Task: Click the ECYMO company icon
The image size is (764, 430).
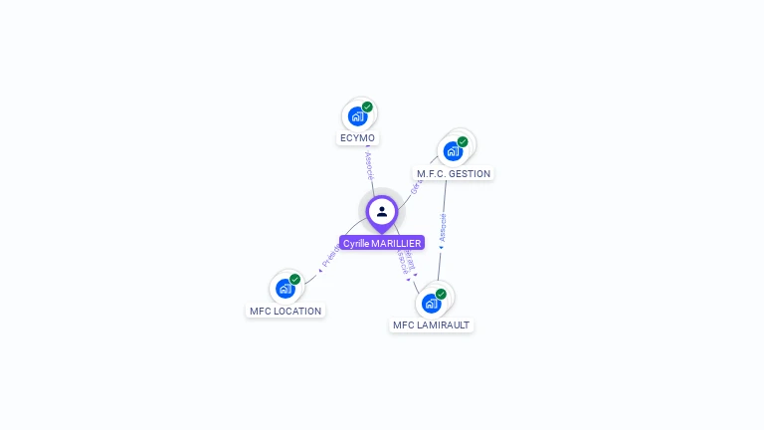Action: tap(358, 115)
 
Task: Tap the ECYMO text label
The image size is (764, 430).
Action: tap(357, 138)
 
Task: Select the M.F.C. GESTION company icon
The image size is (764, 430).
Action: tap(453, 151)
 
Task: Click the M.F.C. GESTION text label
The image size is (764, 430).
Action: tap(454, 173)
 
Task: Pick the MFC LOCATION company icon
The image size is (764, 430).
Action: tap(286, 289)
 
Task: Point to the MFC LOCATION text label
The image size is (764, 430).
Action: tap(286, 311)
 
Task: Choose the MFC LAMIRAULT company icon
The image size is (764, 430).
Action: tap(432, 303)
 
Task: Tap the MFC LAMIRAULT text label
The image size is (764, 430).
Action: tap(431, 324)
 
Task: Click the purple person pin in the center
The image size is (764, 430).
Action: tap(382, 212)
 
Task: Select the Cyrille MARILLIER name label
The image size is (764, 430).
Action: tap(382, 243)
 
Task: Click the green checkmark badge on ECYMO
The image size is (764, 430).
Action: tap(367, 107)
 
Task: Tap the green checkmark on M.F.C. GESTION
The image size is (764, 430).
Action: tap(463, 141)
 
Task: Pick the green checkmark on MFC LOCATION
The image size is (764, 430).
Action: tap(294, 280)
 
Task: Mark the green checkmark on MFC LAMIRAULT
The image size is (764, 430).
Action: tap(441, 294)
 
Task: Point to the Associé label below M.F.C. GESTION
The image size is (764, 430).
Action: tap(443, 228)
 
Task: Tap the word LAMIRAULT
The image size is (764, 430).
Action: tap(444, 324)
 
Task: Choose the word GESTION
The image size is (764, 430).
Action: tap(470, 173)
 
